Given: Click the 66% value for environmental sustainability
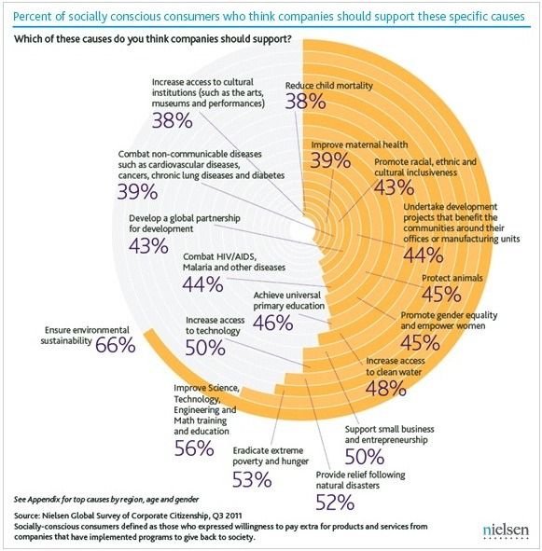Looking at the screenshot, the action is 116,345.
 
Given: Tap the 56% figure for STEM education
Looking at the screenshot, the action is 194,448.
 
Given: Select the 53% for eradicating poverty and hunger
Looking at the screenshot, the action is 252,479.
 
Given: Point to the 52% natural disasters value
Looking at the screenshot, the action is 335,503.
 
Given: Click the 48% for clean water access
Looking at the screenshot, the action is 386,388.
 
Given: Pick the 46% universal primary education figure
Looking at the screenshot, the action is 273,323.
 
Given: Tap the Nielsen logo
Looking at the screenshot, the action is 506,530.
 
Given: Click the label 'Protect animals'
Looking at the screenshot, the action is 452,278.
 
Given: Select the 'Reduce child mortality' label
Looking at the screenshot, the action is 329,86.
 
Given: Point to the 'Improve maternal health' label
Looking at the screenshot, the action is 359,145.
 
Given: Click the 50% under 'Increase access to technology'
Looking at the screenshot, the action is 205,348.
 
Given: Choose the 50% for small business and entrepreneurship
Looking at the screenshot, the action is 365,457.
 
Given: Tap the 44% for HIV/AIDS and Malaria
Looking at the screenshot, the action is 203,284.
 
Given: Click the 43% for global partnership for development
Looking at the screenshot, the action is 148,245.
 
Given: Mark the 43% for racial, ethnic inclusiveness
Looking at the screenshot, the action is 394,187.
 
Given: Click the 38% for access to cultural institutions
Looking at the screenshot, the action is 173,120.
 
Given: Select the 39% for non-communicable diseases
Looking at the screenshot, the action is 137,192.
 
